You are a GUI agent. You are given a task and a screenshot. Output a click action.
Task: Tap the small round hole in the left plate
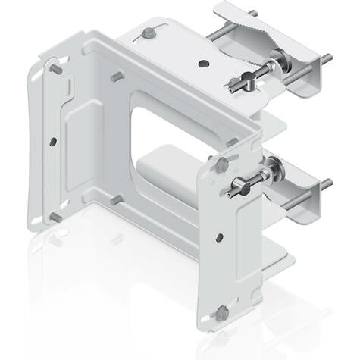(x=52, y=141)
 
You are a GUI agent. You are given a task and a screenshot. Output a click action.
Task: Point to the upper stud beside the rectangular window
(x=114, y=77)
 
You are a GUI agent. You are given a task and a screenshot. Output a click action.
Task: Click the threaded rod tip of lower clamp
(x=327, y=183)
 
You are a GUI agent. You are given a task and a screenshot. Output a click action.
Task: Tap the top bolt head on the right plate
(x=221, y=163)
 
